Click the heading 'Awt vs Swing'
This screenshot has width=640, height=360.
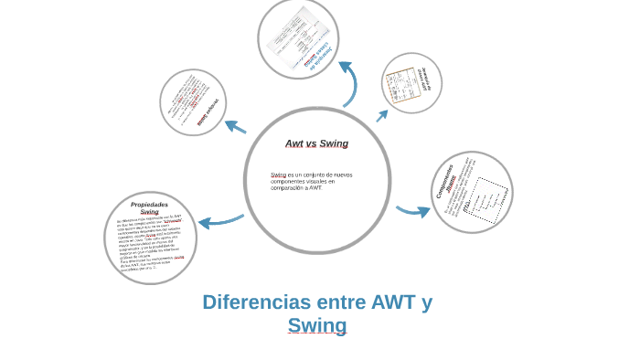pyautogui.click(x=316, y=143)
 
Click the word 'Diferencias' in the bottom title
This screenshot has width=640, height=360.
pyautogui.click(x=251, y=302)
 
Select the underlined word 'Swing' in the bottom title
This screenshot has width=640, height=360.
pyautogui.click(x=316, y=325)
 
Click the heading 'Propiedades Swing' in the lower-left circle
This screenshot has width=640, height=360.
pyautogui.click(x=149, y=207)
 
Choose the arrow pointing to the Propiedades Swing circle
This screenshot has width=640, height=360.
pyautogui.click(x=219, y=221)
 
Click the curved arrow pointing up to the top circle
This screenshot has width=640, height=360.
pyautogui.click(x=348, y=83)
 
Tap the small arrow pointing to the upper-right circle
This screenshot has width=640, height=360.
pyautogui.click(x=382, y=115)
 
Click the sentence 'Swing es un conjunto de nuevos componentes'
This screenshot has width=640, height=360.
pyautogui.click(x=311, y=180)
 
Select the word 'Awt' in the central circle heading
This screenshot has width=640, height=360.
pyautogui.click(x=294, y=143)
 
